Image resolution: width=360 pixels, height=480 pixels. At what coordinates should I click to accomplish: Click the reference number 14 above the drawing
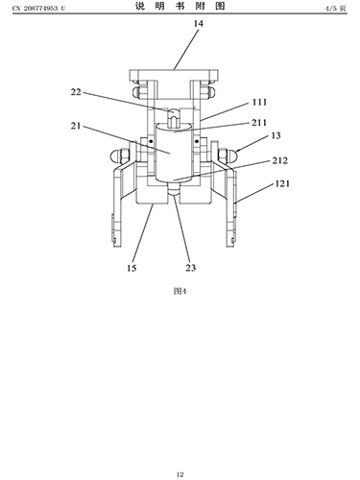[x=198, y=23]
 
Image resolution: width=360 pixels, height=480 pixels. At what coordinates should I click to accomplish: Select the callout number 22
[x=76, y=92]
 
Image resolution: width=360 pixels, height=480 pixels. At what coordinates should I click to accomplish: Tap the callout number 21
[x=76, y=126]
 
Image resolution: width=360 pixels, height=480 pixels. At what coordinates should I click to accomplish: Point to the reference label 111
[x=259, y=102]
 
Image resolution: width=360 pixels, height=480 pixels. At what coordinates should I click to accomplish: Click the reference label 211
[x=259, y=123]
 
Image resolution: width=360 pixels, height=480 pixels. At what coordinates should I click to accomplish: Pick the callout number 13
[x=276, y=135]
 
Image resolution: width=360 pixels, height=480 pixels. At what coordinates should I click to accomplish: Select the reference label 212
[x=280, y=160]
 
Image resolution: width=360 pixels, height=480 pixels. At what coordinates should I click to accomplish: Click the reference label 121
[x=282, y=183]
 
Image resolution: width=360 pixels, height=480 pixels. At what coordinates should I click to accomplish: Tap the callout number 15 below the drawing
[x=132, y=268]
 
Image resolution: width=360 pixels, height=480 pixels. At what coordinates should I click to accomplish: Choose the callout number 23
[x=191, y=268]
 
